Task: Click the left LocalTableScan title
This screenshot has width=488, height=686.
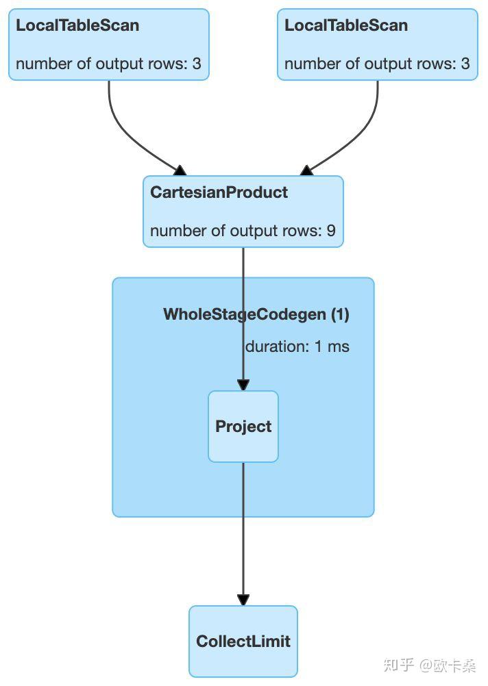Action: [x=77, y=25]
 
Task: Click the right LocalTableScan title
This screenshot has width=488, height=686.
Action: [x=346, y=25]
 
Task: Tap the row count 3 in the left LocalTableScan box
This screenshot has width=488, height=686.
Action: [x=197, y=64]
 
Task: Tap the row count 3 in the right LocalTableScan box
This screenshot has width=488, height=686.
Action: [x=465, y=64]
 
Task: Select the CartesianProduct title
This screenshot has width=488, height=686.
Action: [x=219, y=192]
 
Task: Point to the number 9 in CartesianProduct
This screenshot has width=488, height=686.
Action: [x=331, y=231]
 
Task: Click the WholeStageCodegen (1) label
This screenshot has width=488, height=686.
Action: [x=256, y=314]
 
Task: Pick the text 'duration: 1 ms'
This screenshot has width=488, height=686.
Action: [x=297, y=346]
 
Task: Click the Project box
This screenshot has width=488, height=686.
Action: [x=243, y=427]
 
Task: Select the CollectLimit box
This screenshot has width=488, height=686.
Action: [x=243, y=641]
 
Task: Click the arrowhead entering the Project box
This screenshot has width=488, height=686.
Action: [x=243, y=385]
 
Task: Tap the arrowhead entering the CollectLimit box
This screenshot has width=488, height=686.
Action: [x=243, y=600]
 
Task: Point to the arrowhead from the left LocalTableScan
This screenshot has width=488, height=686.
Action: [x=180, y=170]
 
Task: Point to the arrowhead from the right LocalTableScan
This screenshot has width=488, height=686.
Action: [x=306, y=170]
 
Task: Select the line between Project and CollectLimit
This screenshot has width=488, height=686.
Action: [x=243, y=529]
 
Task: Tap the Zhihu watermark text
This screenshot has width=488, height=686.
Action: [x=430, y=665]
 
